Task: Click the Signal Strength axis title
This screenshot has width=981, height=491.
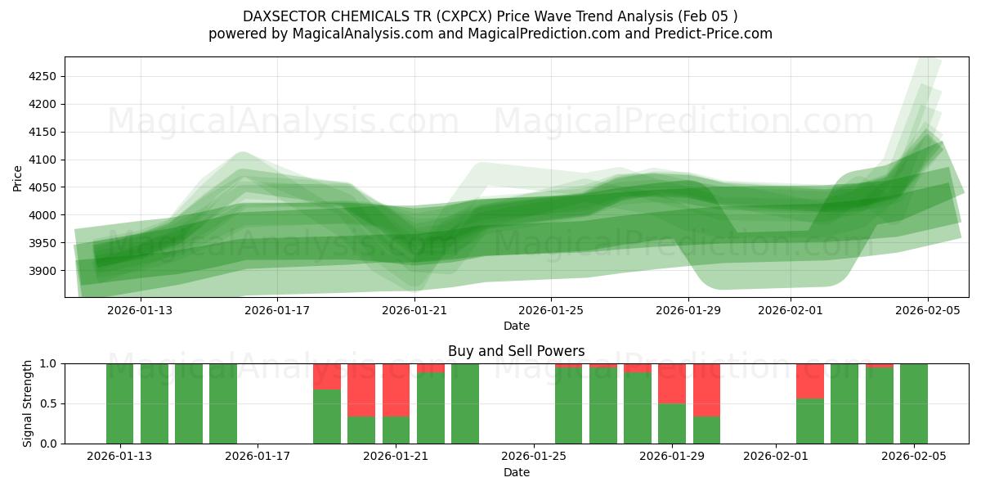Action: pos(28,403)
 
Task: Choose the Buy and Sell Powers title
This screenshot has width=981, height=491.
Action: pos(516,351)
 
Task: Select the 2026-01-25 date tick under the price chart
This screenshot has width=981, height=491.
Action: pos(551,310)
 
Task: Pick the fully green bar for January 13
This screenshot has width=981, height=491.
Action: pos(119,403)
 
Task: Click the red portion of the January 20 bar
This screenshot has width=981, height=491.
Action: pos(361,390)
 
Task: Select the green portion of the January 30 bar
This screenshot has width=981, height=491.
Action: pos(706,430)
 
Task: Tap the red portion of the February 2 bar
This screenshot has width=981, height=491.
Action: pos(809,381)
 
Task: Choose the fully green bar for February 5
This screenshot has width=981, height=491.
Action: pos(913,403)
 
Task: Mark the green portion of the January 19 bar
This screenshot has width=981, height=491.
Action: pos(327,417)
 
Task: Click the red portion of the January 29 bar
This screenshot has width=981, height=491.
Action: pos(672,383)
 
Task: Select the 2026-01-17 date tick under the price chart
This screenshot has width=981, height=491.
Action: pos(277,310)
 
